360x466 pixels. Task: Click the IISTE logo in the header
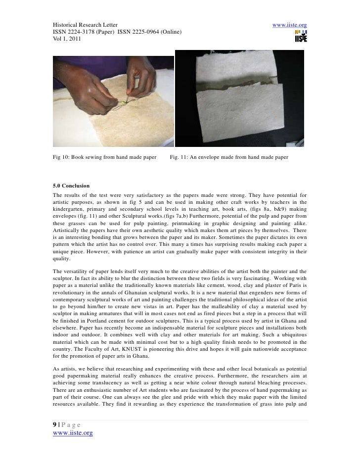click(300, 36)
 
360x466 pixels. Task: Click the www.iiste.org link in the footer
click(73, 433)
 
